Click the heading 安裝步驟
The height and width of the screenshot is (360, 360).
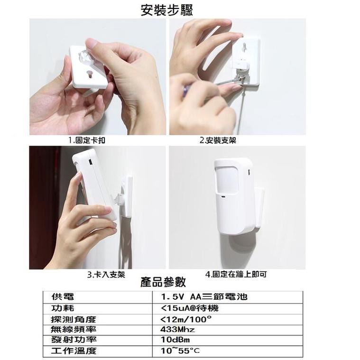click(x=167, y=9)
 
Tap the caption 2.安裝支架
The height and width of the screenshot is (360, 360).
click(x=218, y=140)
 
